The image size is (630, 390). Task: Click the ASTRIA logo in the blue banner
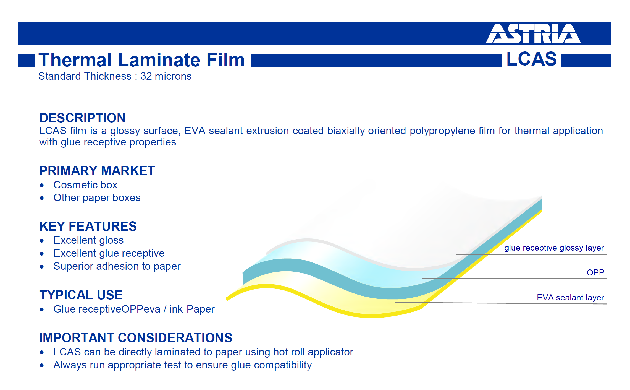point(533,33)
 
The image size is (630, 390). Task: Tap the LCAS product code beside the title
point(532,59)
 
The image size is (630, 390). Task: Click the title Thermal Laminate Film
point(141,60)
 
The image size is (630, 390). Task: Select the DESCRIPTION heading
point(82,118)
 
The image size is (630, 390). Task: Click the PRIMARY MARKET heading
point(97,171)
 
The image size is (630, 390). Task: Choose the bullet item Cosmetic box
point(85,185)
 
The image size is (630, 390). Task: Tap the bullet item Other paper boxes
point(97,198)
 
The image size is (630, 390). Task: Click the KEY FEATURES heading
point(88,226)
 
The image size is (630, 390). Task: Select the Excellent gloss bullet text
point(88,240)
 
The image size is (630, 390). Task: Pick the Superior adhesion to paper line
point(117,266)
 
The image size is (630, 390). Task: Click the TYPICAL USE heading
point(81,295)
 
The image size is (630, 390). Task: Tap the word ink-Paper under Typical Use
point(192,309)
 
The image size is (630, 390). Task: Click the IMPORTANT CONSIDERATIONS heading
point(136,338)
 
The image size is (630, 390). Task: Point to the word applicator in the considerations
point(330,352)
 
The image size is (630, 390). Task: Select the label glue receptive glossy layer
point(554,248)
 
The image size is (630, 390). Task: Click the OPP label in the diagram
point(595,272)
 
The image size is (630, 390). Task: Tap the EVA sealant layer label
point(570,298)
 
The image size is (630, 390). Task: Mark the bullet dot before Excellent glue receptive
point(42,254)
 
